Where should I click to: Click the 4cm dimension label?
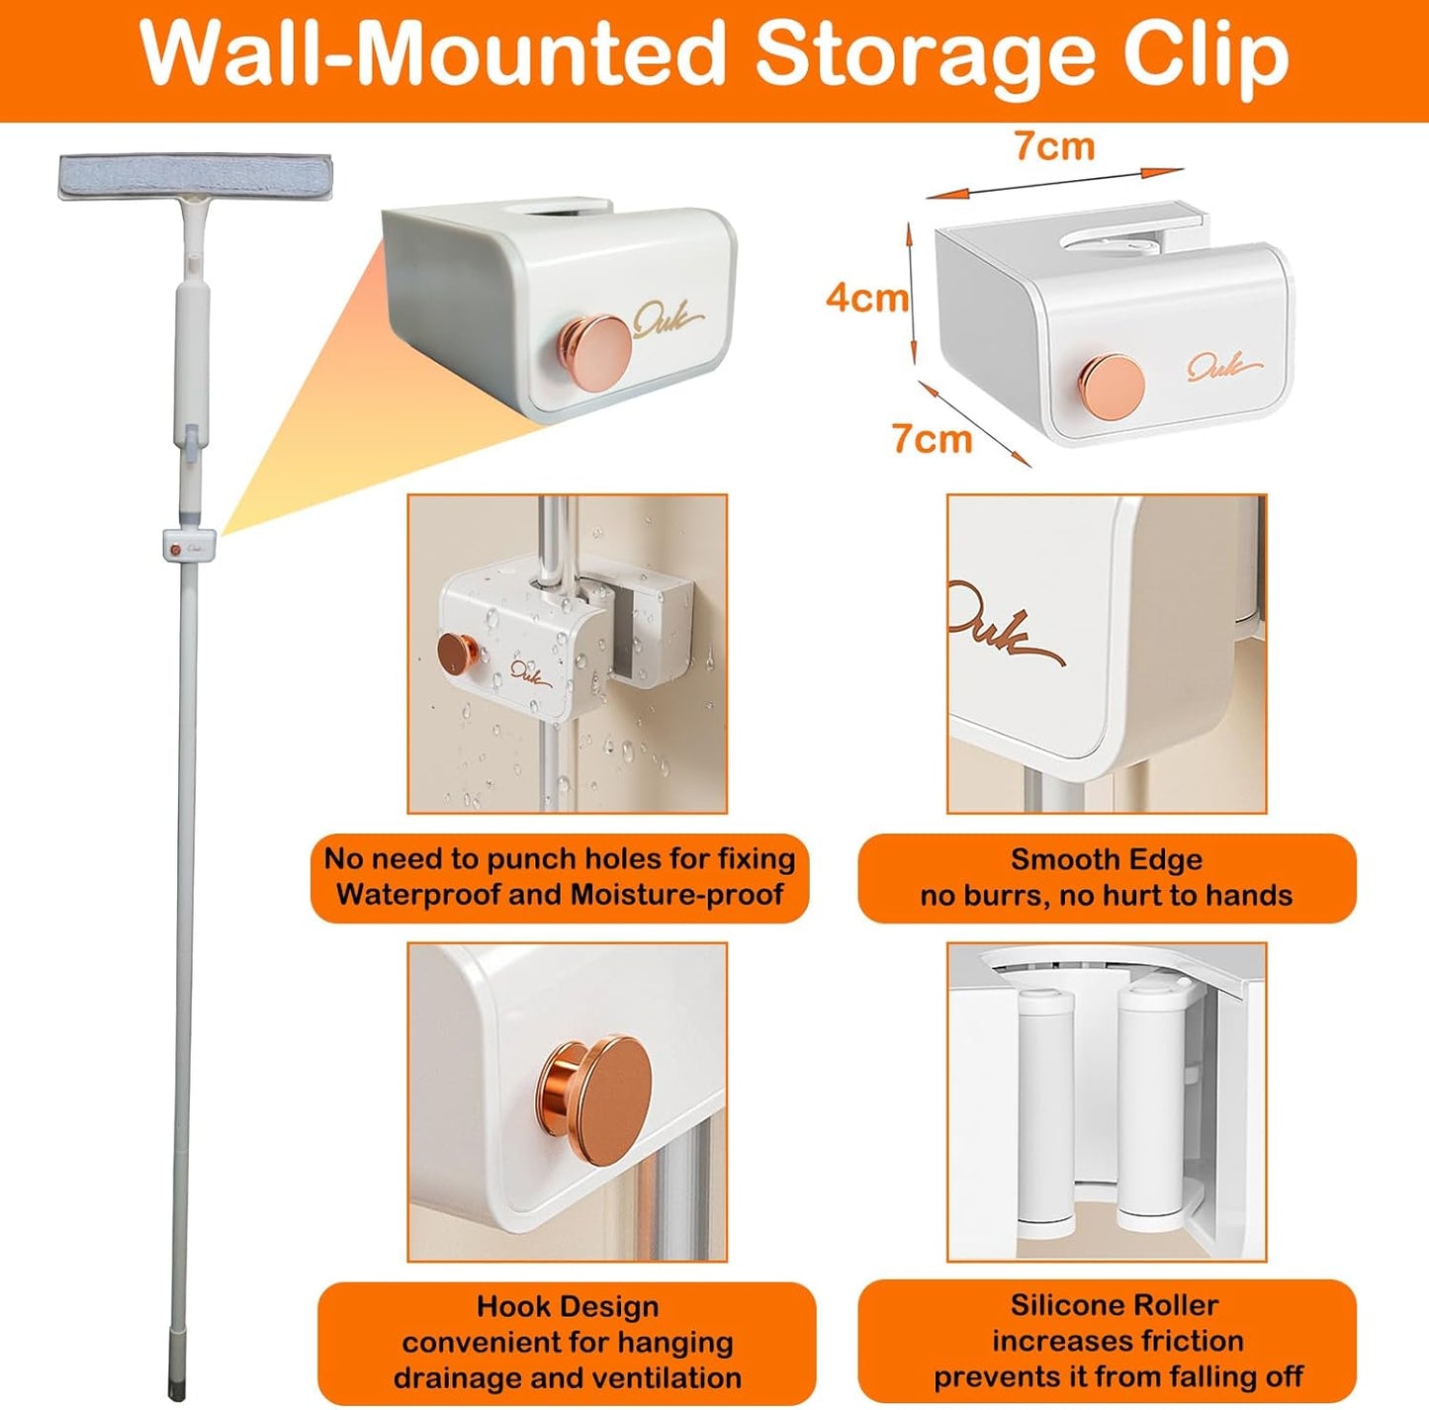(867, 299)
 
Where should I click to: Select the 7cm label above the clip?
(1054, 146)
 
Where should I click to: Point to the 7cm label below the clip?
(933, 438)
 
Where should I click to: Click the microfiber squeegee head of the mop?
(196, 177)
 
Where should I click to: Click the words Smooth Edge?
(1107, 859)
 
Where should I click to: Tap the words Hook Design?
(568, 1306)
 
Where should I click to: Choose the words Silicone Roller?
(1115, 1304)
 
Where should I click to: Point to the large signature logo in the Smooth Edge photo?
(1007, 624)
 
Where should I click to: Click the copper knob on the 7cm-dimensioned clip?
(1111, 385)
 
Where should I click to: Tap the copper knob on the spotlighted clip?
(595, 346)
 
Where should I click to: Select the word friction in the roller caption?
(1194, 1340)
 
